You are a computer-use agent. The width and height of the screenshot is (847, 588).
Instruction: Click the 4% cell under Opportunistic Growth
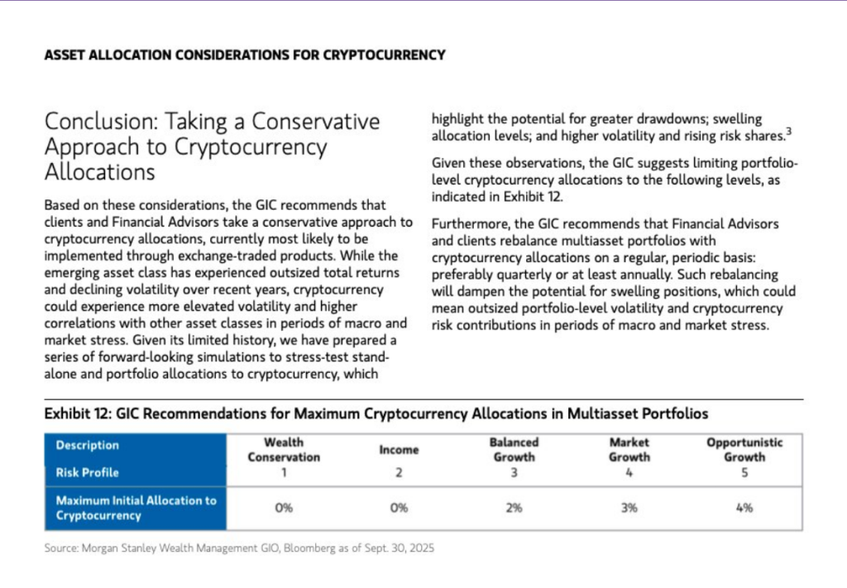pos(744,508)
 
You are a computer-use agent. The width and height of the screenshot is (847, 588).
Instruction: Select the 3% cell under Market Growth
pos(629,508)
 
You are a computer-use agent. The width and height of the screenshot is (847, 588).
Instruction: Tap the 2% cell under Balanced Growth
pos(514,508)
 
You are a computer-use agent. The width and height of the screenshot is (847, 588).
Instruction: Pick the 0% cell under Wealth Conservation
pos(284,508)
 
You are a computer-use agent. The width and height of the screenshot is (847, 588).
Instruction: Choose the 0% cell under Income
pos(399,508)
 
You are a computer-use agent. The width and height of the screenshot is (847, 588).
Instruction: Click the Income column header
pos(399,450)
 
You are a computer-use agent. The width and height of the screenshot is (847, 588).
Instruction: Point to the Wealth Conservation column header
pos(284,450)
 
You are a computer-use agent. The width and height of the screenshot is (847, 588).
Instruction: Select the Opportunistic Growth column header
pos(744,450)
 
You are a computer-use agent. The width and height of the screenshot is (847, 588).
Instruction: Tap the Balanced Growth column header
pos(514,450)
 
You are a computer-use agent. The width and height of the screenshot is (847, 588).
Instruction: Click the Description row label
pos(87,445)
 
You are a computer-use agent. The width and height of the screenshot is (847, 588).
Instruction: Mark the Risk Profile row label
pos(87,472)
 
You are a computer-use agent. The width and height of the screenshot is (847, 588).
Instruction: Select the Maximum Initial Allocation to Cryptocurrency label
pos(136,508)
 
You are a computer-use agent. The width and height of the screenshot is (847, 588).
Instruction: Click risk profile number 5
pos(744,473)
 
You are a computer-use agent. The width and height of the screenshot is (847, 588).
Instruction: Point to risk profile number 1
pos(284,473)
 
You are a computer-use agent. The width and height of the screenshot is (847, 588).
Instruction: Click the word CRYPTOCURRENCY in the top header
pos(383,55)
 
